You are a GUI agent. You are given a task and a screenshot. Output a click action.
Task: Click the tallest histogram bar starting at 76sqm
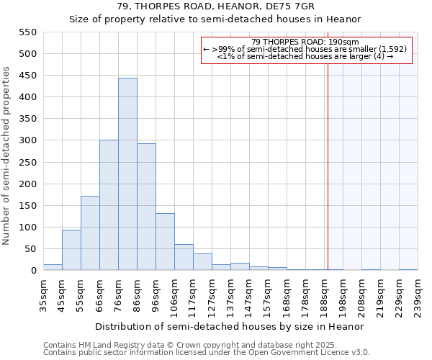click(127, 174)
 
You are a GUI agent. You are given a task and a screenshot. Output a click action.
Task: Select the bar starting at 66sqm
click(109, 205)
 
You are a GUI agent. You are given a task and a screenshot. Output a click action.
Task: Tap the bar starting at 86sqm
click(146, 207)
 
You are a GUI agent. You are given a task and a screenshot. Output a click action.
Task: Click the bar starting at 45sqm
click(71, 250)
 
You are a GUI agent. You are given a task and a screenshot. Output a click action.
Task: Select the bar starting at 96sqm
click(165, 242)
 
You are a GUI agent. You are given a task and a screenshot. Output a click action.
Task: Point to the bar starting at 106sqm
click(184, 257)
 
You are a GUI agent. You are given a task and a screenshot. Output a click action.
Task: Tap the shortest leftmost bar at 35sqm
click(53, 267)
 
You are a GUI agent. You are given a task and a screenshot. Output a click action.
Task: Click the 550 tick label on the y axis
click(27, 32)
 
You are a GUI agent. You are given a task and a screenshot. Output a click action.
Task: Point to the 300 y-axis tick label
click(27, 140)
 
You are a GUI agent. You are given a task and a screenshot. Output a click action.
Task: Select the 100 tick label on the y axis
click(27, 228)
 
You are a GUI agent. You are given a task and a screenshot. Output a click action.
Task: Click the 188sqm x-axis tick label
click(325, 294)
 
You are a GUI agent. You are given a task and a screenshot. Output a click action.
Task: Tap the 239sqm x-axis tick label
click(418, 294)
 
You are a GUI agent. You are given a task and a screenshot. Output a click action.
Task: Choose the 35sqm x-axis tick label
click(44, 294)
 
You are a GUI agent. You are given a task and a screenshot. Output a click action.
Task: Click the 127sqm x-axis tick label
click(212, 294)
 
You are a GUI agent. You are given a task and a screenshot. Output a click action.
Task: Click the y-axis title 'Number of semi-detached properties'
click(6, 156)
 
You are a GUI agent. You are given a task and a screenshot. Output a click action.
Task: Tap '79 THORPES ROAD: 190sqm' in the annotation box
click(306, 42)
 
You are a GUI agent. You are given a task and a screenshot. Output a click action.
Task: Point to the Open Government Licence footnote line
click(207, 352)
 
